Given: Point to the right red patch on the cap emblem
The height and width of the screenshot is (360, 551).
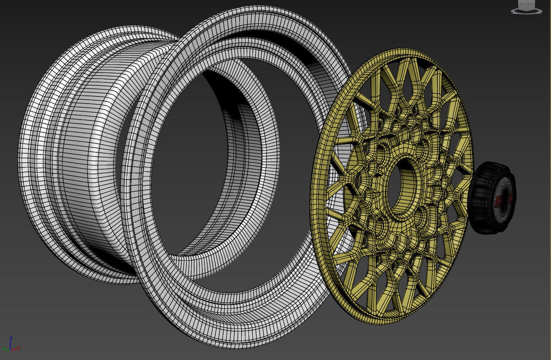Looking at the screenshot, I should (x=510, y=198).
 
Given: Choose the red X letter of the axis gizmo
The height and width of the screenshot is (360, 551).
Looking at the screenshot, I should (x=19, y=348).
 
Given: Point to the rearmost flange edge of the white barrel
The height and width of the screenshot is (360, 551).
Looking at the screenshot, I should (x=22, y=164).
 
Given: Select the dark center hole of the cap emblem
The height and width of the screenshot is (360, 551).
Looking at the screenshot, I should (x=504, y=199).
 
